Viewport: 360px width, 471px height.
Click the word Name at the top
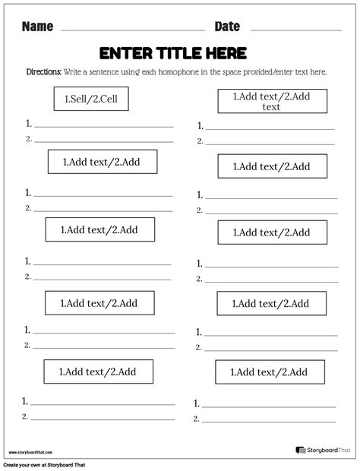point(37,27)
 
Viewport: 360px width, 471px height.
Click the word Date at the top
point(227,27)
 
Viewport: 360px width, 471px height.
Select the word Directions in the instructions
point(43,71)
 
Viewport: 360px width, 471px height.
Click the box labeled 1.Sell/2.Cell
point(90,98)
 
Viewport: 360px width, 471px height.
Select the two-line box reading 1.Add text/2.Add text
point(272,101)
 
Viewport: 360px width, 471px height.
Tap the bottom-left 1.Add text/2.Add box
point(98,371)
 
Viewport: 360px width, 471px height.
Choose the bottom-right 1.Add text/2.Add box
point(270,372)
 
